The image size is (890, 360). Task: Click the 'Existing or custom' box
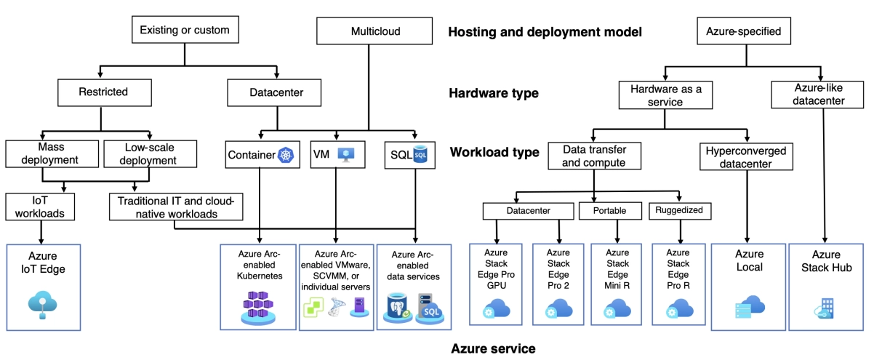(184, 31)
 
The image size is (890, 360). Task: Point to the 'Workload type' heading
(494, 153)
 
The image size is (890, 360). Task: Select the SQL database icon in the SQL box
(420, 155)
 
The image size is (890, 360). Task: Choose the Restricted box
(103, 92)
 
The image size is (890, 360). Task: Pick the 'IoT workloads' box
(41, 206)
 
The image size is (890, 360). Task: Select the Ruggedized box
(680, 211)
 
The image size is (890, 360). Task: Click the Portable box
(615, 211)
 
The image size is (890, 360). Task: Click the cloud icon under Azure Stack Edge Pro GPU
(497, 311)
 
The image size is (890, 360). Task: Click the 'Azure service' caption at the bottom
(493, 348)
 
